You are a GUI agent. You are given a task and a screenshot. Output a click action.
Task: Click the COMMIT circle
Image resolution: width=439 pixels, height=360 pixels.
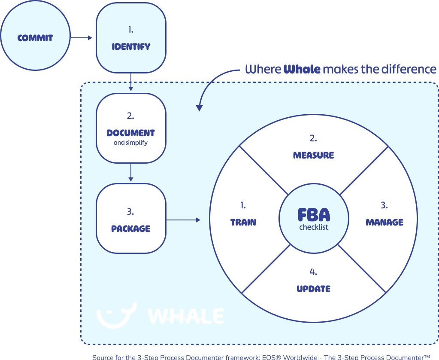tap(35, 38)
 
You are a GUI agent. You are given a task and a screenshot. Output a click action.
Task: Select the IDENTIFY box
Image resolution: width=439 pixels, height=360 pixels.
tap(131, 38)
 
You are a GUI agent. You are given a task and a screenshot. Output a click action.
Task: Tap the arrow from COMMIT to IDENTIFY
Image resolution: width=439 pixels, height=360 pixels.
tap(82, 38)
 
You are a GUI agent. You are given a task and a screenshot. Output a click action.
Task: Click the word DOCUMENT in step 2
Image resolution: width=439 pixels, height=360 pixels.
tap(130, 133)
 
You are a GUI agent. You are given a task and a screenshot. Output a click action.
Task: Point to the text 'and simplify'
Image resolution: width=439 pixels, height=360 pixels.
tap(130, 143)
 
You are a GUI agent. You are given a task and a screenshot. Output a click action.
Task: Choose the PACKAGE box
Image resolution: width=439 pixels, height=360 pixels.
tap(131, 218)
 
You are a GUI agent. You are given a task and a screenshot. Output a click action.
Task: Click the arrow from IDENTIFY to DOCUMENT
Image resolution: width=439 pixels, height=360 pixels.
tap(131, 82)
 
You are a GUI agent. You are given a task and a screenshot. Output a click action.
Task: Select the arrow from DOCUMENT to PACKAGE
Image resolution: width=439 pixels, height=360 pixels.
tap(131, 173)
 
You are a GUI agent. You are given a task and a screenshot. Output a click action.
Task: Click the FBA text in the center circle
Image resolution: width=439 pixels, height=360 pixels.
tap(314, 215)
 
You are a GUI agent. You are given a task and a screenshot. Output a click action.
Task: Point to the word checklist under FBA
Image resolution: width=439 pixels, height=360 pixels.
tap(314, 227)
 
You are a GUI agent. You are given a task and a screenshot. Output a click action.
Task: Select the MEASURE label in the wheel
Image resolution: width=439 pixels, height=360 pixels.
tap(313, 156)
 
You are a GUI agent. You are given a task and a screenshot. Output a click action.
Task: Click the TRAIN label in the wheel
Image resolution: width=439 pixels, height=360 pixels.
tap(243, 223)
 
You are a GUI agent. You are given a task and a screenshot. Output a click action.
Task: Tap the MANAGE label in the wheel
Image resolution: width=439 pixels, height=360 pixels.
tap(385, 223)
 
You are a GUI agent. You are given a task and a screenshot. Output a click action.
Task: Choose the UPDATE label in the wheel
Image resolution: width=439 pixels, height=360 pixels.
tap(313, 289)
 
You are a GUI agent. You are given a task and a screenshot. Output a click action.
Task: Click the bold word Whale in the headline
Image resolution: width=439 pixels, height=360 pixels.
tap(302, 69)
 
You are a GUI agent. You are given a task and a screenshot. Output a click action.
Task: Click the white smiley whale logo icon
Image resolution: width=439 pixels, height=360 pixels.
tap(116, 315)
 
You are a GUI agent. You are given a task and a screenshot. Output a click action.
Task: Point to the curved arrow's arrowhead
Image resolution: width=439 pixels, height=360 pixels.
tap(199, 107)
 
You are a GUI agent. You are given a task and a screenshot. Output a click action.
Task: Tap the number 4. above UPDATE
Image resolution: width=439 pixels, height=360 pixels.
tap(313, 272)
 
